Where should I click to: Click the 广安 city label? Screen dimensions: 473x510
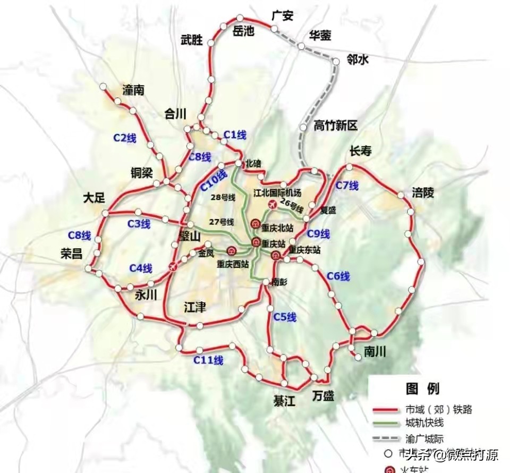282,16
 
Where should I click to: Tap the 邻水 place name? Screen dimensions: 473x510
357,60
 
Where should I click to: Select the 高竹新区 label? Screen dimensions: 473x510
336,126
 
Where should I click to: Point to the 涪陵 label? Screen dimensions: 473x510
423,192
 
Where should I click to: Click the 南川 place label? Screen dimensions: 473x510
375,351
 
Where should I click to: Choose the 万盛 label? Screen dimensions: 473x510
324,396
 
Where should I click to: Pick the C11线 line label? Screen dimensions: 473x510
208,360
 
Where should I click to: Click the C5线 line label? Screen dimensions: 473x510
285,317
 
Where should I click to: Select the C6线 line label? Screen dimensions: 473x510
338,276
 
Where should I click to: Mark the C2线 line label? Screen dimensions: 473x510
125,138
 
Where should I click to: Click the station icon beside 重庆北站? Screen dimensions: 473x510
255,224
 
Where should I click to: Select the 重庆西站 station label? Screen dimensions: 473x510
232,264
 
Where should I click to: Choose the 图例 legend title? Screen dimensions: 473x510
422,389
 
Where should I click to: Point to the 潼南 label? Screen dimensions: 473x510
133,90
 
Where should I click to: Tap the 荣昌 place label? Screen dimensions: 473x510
71,254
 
